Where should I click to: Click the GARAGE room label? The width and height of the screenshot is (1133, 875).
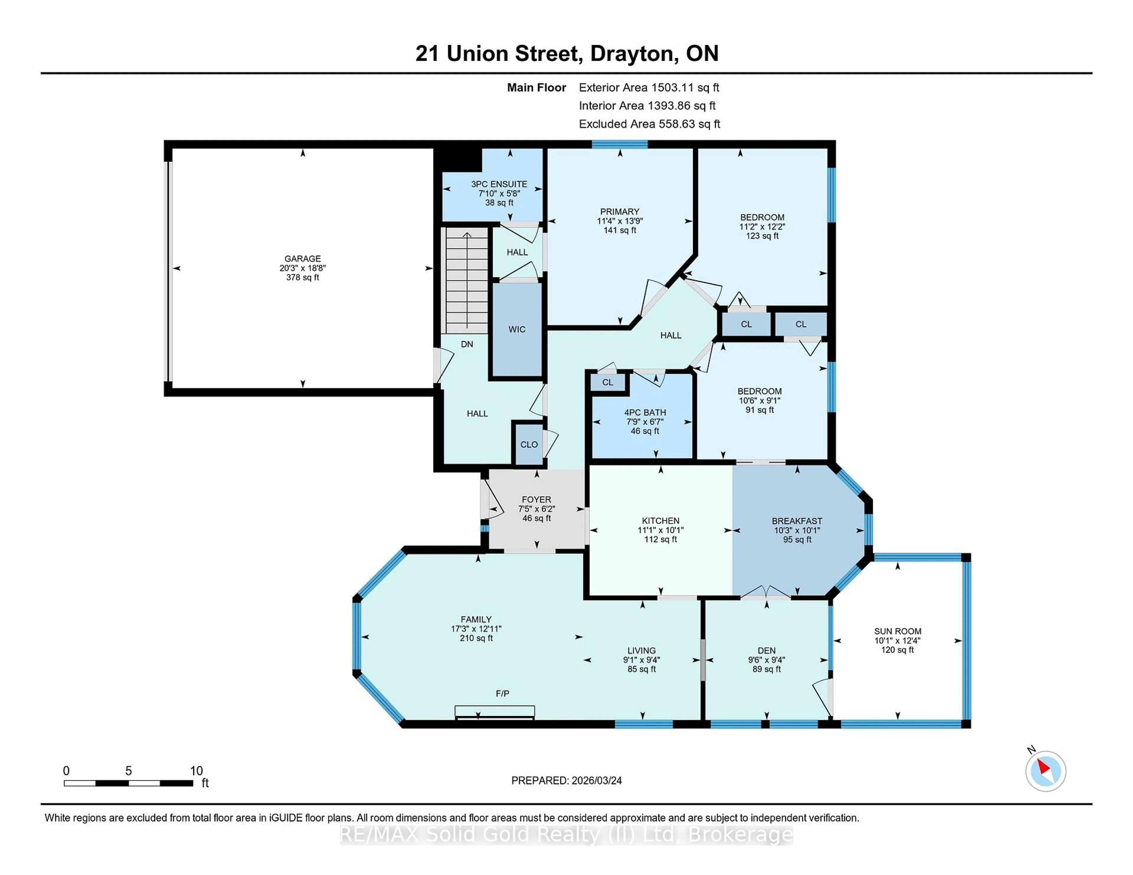click(x=302, y=258)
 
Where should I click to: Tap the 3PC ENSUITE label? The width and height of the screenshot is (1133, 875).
click(x=499, y=184)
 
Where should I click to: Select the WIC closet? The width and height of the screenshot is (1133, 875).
click(x=517, y=329)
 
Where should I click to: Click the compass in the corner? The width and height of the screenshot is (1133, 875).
click(x=1045, y=771)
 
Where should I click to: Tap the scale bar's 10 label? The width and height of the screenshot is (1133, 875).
click(x=196, y=771)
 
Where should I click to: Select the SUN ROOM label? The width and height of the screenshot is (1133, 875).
click(x=898, y=631)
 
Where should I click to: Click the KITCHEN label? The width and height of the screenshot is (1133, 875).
click(x=660, y=520)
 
